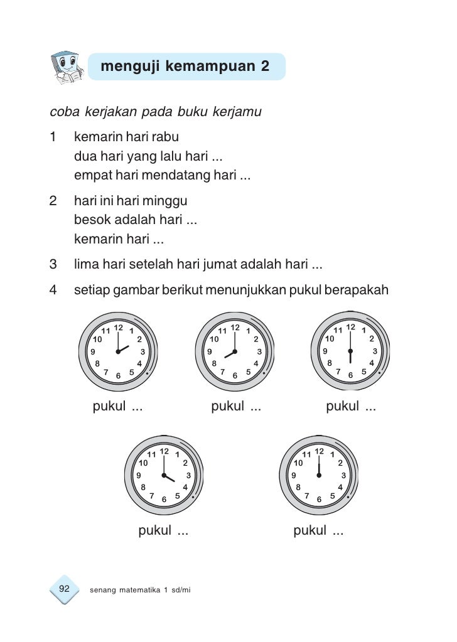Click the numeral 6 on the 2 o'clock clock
click(118, 376)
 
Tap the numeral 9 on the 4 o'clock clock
click(139, 476)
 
